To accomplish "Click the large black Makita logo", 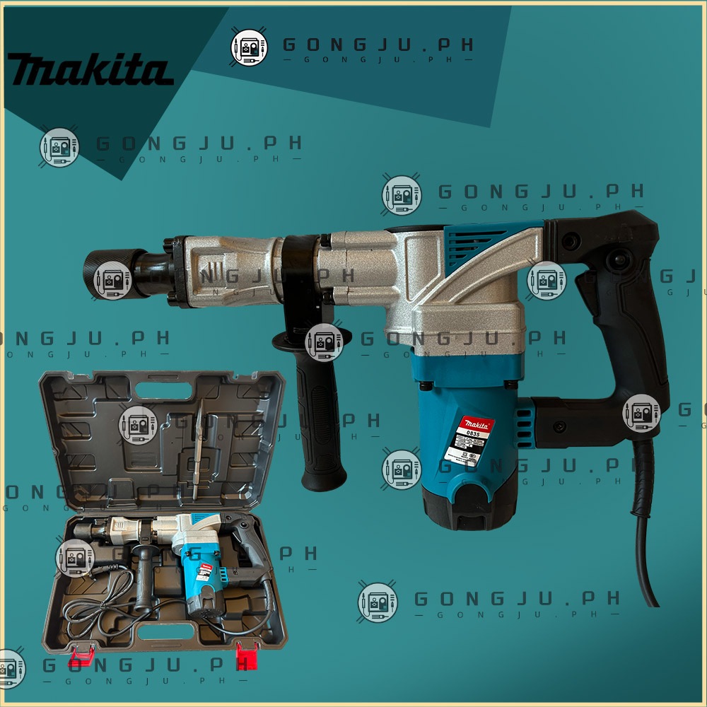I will click(x=90, y=69).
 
